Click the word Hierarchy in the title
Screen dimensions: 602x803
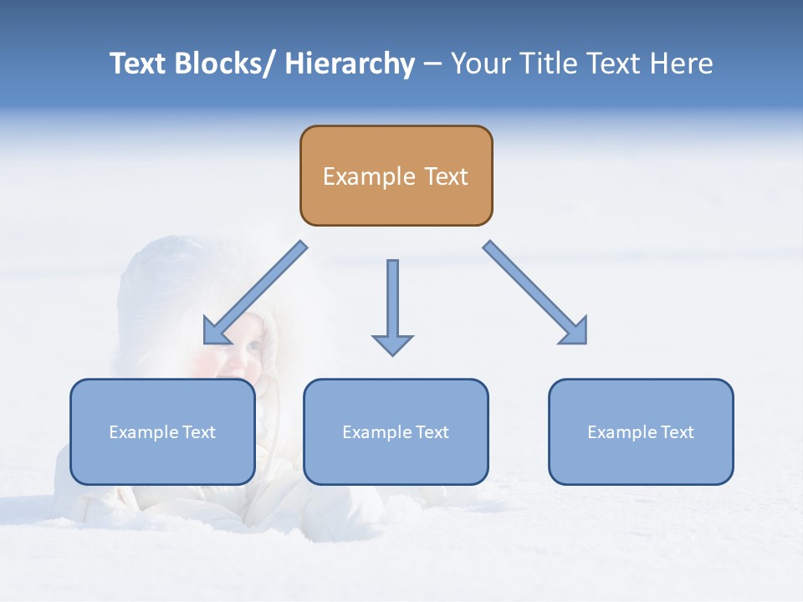tap(349, 64)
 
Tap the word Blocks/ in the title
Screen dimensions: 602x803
tap(222, 64)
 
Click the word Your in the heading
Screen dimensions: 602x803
tap(480, 64)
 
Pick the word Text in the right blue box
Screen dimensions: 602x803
tap(677, 432)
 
